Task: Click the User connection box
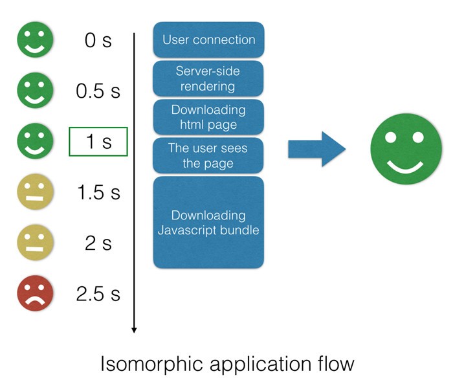[x=208, y=39]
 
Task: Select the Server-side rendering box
[x=208, y=78]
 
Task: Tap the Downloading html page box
[x=208, y=117]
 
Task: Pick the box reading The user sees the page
[x=208, y=155]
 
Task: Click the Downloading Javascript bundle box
[x=208, y=223]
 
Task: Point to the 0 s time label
[x=98, y=40]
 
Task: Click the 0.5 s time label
[x=98, y=91]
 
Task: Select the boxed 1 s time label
[x=98, y=142]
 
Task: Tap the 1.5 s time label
[x=98, y=192]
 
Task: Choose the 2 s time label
[x=98, y=243]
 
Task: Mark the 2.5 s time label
[x=98, y=294]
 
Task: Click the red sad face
[x=35, y=293]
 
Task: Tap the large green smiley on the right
[x=406, y=149]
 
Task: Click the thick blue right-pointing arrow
[x=317, y=149]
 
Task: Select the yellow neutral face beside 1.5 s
[x=35, y=192]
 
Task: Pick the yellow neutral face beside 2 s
[x=35, y=243]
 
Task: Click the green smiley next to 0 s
[x=35, y=39]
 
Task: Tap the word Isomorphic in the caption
[x=151, y=364]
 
